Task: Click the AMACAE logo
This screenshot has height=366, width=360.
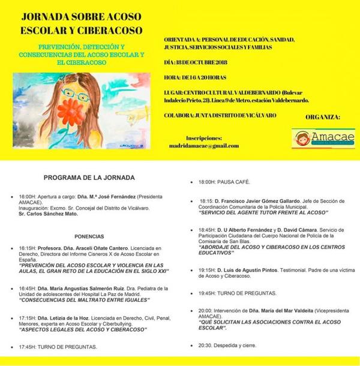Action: pyautogui.click(x=323, y=138)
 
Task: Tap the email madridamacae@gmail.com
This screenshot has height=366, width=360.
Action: pyautogui.click(x=204, y=146)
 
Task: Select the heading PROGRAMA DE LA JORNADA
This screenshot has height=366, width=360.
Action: pyautogui.click(x=89, y=178)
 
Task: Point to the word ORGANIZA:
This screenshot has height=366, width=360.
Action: pyautogui.click(x=323, y=117)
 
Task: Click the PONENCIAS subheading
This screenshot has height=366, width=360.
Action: pyautogui.click(x=89, y=236)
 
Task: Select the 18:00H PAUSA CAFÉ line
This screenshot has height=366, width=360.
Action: pyautogui.click(x=224, y=182)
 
